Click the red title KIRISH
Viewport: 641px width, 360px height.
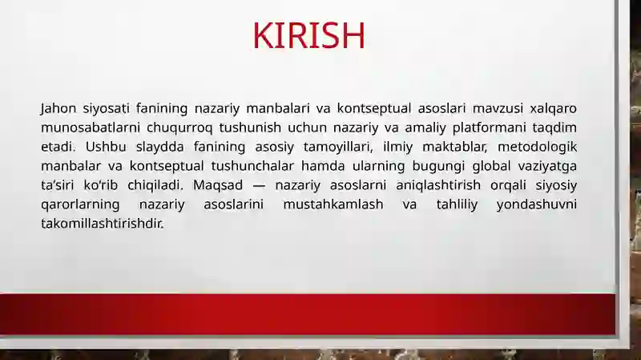pyautogui.click(x=308, y=35)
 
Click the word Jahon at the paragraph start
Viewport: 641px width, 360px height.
pyautogui.click(x=58, y=109)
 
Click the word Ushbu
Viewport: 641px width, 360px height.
pyautogui.click(x=106, y=147)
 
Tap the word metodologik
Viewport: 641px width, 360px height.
pyautogui.click(x=537, y=148)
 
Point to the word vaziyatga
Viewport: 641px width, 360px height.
pyautogui.click(x=547, y=167)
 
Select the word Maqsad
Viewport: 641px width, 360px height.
pyautogui.click(x=218, y=186)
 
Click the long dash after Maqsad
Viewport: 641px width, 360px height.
pyautogui.click(x=259, y=186)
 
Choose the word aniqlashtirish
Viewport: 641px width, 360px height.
pyautogui.click(x=438, y=186)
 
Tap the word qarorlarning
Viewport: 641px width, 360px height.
pyautogui.click(x=80, y=205)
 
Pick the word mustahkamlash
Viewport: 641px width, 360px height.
pyautogui.click(x=333, y=204)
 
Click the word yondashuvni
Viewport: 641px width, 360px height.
pyautogui.click(x=536, y=205)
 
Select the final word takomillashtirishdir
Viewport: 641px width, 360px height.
pyautogui.click(x=103, y=224)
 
